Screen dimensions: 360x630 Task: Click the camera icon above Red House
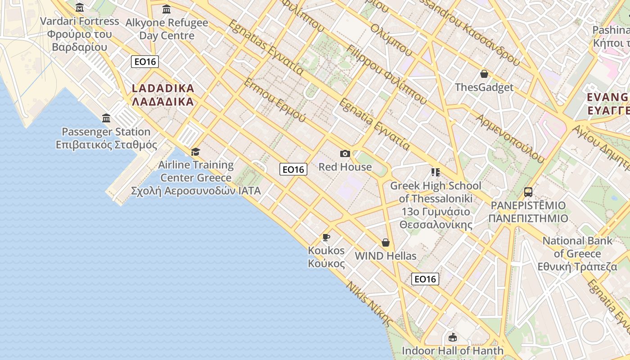pyautogui.click(x=345, y=154)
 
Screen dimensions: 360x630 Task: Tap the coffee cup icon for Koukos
pyautogui.click(x=326, y=237)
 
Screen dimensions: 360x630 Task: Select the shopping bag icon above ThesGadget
pyautogui.click(x=484, y=74)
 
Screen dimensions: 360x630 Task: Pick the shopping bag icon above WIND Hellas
pyautogui.click(x=386, y=243)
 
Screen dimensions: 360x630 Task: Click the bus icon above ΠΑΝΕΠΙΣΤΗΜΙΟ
pyautogui.click(x=528, y=192)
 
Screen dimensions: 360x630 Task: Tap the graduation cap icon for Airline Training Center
pyautogui.click(x=195, y=152)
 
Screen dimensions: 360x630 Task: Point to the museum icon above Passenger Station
pyautogui.click(x=106, y=118)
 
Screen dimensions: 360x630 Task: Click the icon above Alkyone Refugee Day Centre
pyautogui.click(x=166, y=9)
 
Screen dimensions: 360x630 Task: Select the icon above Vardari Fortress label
pyautogui.click(x=80, y=7)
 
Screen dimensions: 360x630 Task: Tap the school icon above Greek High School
pyautogui.click(x=435, y=172)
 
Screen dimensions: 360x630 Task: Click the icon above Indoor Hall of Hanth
pyautogui.click(x=453, y=337)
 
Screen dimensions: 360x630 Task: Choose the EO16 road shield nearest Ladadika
pyautogui.click(x=145, y=62)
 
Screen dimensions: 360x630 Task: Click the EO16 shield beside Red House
pyautogui.click(x=293, y=169)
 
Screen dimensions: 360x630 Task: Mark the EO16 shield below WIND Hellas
pyautogui.click(x=425, y=279)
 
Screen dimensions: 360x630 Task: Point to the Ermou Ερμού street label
pyautogui.click(x=274, y=100)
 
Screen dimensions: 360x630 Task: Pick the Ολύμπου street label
pyautogui.click(x=391, y=40)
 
